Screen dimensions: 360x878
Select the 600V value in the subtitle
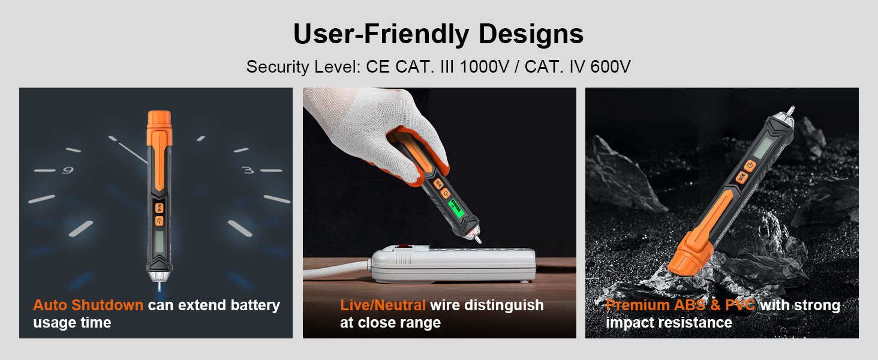[610, 67]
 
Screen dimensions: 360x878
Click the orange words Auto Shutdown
[88, 305]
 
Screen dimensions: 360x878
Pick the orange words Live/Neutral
[383, 305]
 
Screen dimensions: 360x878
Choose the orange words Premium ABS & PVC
[680, 305]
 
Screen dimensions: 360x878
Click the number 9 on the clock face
[68, 170]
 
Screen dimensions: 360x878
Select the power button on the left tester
[159, 221]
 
